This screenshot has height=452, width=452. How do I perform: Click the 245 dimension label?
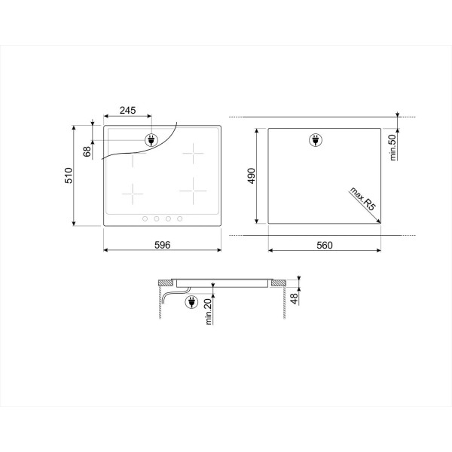pos(128,110)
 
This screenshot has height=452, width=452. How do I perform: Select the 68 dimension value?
pos(87,151)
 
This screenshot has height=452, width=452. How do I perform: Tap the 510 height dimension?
pos(69,176)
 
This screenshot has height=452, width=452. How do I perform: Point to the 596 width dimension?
pos(163,245)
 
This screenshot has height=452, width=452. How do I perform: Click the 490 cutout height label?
pos(252,176)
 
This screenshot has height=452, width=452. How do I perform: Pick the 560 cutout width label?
pos(325,246)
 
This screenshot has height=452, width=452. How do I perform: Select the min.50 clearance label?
pos(393,148)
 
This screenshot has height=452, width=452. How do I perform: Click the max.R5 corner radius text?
pos(363,199)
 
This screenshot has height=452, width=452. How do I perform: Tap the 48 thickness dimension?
pos(294,298)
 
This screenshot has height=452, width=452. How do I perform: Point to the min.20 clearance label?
pos(209,312)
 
